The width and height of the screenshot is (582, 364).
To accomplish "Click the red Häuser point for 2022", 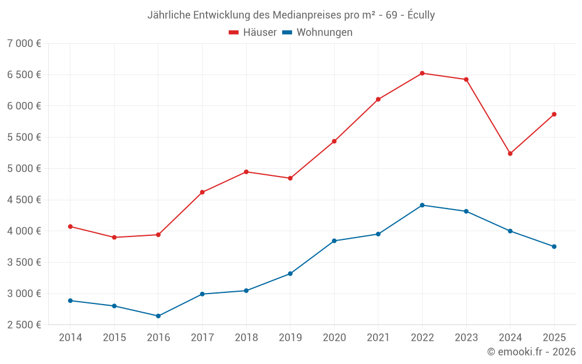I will pos(422,73).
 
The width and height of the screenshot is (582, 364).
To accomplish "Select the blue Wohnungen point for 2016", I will pos(158,316).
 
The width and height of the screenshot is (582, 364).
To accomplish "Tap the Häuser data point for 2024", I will pos(510,154).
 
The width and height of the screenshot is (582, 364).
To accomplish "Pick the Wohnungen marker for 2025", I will pos(554,246).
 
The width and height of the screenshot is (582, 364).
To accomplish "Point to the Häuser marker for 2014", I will pos(70,227).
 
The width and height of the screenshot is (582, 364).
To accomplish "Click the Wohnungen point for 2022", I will pos(422,205).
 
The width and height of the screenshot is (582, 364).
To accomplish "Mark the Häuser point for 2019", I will pos(290,178).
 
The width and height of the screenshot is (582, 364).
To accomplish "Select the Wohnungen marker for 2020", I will pos(334,241).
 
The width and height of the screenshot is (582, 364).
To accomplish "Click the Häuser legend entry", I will pos(253,33).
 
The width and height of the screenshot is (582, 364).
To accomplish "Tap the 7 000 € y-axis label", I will pos(24,44).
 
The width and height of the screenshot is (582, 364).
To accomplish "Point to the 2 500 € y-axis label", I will pos(24,325).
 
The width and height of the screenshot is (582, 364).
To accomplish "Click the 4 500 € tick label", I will pos(24,200).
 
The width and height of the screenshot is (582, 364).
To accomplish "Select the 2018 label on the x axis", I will pos(246,338).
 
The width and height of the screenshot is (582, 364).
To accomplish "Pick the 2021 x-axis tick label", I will pos(378,338).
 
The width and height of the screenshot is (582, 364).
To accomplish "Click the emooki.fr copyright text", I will pos(531,352).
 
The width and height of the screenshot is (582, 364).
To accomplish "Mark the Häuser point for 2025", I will pos(554,114).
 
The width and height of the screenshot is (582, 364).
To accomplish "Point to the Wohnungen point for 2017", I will pos(202,294).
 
